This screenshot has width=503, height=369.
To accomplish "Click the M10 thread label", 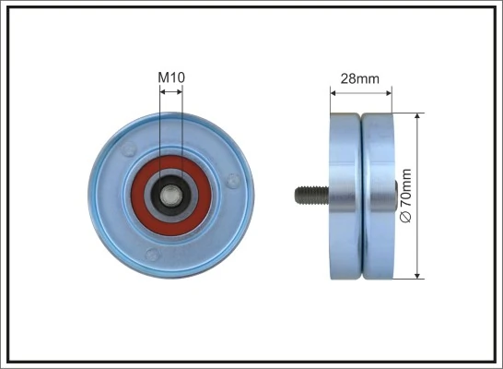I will tap(171, 79).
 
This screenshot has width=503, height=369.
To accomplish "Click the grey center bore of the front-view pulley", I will tap(171, 195).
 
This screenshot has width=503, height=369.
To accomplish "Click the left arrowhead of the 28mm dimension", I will tap(333, 91).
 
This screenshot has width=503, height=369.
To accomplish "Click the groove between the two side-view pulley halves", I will tap(361, 195).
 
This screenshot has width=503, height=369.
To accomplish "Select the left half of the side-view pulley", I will tap(345, 195).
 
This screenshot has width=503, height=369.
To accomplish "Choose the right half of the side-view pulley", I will tap(377, 195).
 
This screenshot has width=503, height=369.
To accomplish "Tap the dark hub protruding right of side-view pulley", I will tap(397, 194).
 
